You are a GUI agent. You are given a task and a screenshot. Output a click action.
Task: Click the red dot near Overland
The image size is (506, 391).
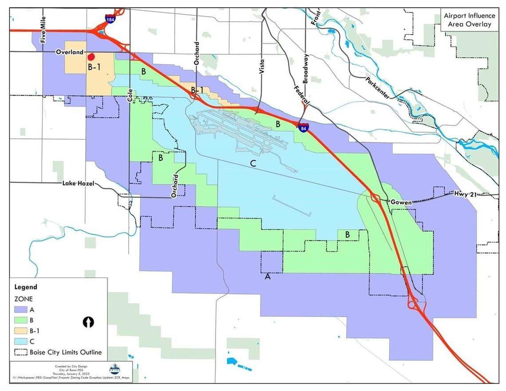tap(91, 57)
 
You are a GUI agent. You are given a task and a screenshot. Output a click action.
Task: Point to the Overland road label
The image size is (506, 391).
tap(70, 52)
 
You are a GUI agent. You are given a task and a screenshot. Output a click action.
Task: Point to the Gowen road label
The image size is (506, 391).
tap(402, 202)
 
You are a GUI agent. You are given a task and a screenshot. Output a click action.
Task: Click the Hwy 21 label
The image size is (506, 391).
tap(464, 194)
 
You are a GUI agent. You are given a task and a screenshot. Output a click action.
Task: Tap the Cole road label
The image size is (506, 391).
tap(130, 95)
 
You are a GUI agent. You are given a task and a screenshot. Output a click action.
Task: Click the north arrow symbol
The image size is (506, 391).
tap(88, 322)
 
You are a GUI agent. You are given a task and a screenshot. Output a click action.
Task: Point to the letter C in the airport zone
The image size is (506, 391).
tap(253, 164)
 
